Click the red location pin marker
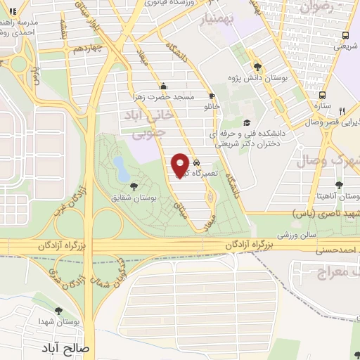(181, 165)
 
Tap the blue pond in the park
(120, 167)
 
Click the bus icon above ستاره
(323, 95)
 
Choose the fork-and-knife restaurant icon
(342, 111)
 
